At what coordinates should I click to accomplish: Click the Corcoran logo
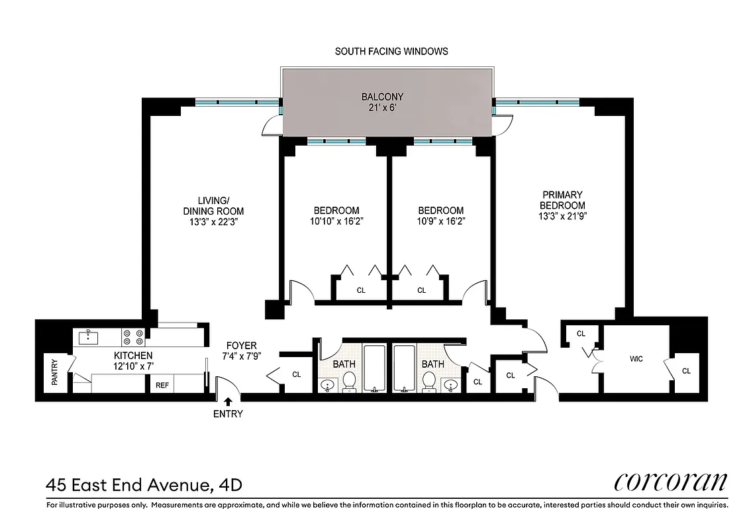(670, 482)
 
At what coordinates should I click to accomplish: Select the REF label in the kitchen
(162, 384)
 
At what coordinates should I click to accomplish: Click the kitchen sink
(88, 338)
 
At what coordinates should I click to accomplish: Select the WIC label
(636, 359)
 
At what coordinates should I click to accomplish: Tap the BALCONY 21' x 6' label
(381, 102)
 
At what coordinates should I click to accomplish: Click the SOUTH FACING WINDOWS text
(391, 51)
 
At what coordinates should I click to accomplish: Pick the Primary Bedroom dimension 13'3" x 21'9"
(562, 216)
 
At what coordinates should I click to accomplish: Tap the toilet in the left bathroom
(349, 381)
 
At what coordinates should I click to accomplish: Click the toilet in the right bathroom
(429, 381)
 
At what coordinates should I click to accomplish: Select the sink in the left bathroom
(328, 384)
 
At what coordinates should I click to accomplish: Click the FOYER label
(241, 346)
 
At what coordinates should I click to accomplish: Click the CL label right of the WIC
(686, 371)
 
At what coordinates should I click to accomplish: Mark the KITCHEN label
(132, 356)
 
